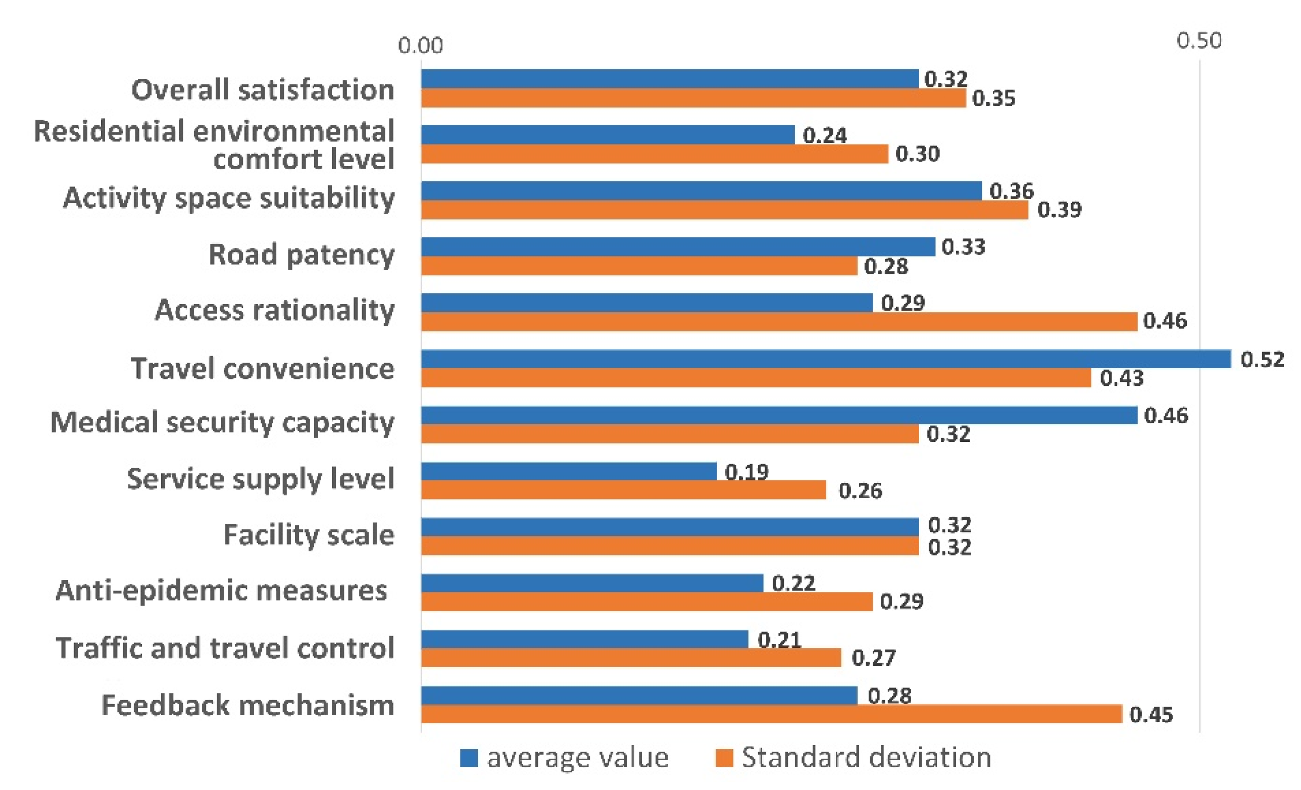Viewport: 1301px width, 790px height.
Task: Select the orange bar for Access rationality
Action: [779, 322]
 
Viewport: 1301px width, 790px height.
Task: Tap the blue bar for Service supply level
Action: [569, 471]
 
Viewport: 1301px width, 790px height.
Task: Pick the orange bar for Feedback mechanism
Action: [771, 714]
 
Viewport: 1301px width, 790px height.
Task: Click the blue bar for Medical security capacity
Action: [779, 415]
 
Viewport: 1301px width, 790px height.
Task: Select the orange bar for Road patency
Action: [639, 266]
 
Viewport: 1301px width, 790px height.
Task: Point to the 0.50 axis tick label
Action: [1198, 40]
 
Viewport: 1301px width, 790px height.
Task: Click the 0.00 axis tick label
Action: [420, 46]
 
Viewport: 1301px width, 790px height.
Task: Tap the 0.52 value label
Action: [1262, 360]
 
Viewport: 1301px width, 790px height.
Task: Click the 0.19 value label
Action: [746, 472]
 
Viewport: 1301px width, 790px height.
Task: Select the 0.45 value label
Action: [1151, 714]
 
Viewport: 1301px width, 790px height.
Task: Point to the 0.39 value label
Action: [1059, 210]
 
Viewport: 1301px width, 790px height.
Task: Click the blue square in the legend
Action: [469, 757]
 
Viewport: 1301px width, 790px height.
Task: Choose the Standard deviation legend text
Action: [866, 757]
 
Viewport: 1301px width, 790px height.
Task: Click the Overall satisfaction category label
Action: [263, 90]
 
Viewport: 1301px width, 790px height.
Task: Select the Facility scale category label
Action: [309, 534]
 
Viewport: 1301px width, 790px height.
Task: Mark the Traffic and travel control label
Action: [225, 648]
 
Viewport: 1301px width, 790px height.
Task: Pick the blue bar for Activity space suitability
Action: [701, 191]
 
